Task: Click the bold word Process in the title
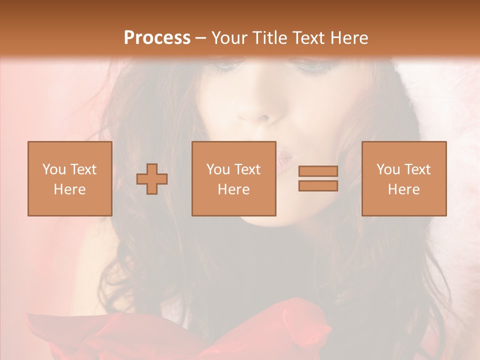[x=157, y=37]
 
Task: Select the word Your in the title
[x=230, y=37]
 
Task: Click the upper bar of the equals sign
[x=318, y=171]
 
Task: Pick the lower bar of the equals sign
[x=318, y=186]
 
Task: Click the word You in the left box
[x=54, y=169]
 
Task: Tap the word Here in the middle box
[x=233, y=189]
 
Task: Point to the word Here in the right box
[x=403, y=189]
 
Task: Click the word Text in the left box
[x=83, y=169]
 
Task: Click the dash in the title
[x=201, y=38]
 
